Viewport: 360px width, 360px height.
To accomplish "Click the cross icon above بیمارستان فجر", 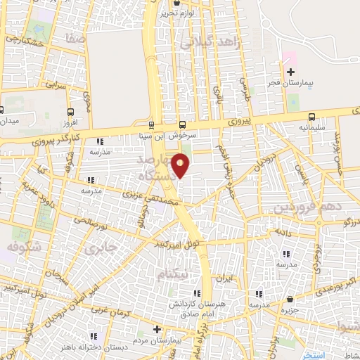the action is pos(289,72).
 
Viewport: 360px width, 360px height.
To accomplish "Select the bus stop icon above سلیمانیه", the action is pos(311,117).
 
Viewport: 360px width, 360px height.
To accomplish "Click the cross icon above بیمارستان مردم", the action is pos(157,329).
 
